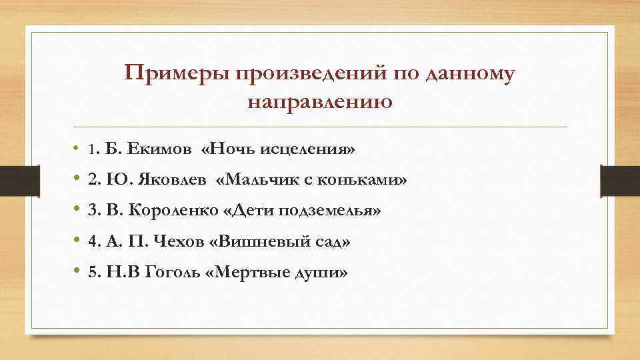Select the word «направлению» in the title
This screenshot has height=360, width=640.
pos(319,103)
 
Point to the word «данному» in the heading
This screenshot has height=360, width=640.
pos(469,74)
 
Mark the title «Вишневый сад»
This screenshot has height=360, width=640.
pos(279,241)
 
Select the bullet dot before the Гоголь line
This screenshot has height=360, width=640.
pos(78,272)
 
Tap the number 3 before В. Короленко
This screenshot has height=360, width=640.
pos(92,211)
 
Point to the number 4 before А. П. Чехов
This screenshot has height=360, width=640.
pos(92,241)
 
